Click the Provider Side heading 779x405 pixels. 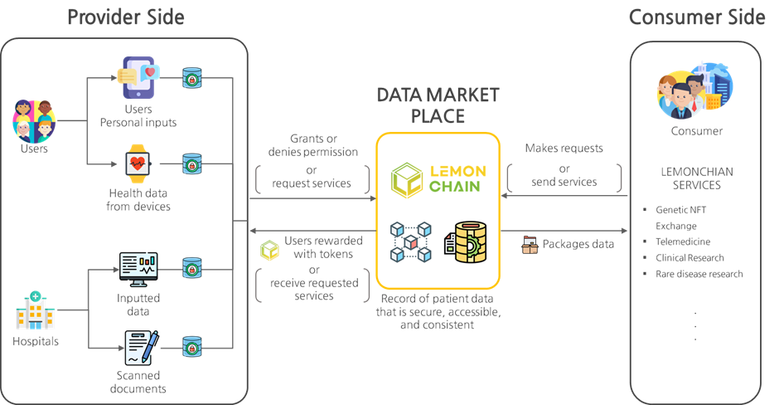click(x=125, y=17)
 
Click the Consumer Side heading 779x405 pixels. click(x=696, y=17)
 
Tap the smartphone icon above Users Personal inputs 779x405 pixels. click(x=138, y=77)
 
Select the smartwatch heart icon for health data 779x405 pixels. click(x=138, y=163)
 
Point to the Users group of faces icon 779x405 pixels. click(x=34, y=120)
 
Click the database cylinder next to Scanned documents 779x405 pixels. click(x=192, y=348)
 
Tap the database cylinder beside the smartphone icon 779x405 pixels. click(x=192, y=78)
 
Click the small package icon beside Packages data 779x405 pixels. click(x=530, y=245)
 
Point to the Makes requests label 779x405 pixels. click(x=564, y=148)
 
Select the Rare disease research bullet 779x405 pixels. click(x=699, y=274)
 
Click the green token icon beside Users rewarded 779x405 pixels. click(x=270, y=248)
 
